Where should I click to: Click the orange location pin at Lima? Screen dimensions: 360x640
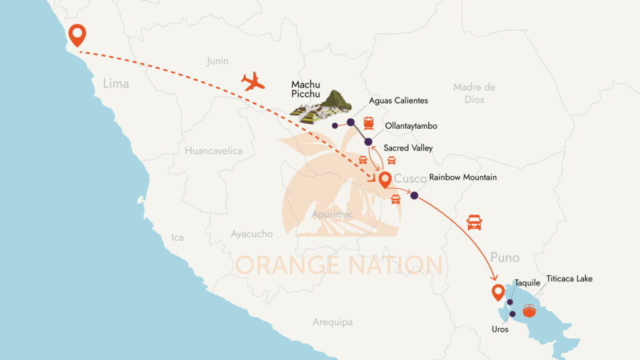tap(77, 34)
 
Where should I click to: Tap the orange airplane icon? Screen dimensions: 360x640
tap(253, 82)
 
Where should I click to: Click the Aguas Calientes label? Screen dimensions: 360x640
tap(398, 100)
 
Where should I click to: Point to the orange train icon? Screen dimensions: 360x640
tap(368, 123)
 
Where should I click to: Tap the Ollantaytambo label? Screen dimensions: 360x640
tap(411, 126)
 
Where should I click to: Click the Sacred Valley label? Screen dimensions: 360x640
tap(407, 148)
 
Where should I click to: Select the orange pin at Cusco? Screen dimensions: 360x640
tap(385, 180)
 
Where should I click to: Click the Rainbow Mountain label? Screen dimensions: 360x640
tap(462, 177)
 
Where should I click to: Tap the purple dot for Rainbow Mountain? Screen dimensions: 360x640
tap(414, 196)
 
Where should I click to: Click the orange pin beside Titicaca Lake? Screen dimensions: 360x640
tap(498, 292)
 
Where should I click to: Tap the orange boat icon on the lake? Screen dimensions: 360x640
tap(529, 311)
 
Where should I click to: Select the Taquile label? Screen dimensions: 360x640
tap(527, 283)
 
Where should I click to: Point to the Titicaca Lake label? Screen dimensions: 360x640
tap(569, 278)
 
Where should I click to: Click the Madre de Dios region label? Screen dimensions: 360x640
tap(474, 93)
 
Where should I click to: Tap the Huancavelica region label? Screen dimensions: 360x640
tap(213, 151)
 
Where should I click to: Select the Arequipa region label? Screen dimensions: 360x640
tap(332, 322)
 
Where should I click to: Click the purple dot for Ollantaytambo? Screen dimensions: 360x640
tap(369, 142)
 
